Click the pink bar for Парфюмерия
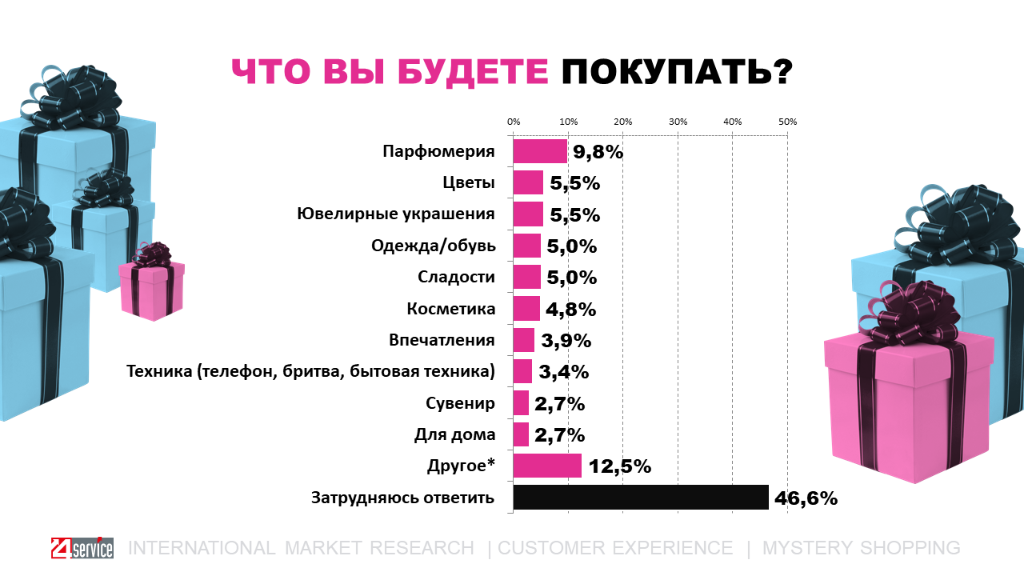[x=540, y=152]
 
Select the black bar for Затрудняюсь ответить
[x=640, y=498]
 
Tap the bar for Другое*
[x=547, y=466]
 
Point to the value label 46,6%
[x=806, y=498]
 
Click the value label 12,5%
[x=620, y=466]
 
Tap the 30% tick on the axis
[x=678, y=122]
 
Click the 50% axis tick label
[x=787, y=122]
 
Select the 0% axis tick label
[x=514, y=122]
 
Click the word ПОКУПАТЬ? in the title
[x=676, y=71]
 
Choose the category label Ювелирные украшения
[x=395, y=214]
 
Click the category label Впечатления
[x=442, y=340]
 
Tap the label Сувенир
[x=462, y=403]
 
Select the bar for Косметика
[x=526, y=309]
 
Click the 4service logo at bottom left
[x=81, y=548]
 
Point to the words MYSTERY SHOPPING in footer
[x=861, y=548]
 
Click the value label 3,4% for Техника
[x=565, y=372]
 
